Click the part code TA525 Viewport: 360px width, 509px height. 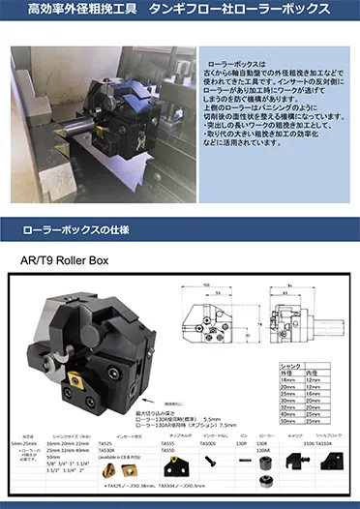(105, 442)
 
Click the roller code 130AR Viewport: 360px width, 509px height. (262, 451)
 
